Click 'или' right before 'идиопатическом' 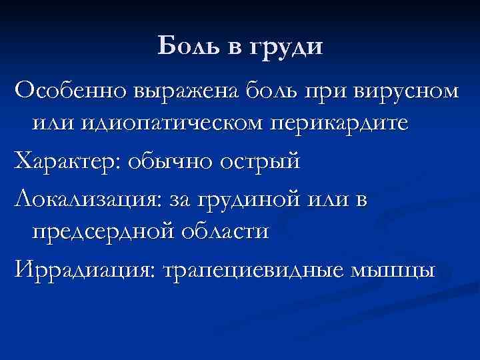[47, 123]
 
